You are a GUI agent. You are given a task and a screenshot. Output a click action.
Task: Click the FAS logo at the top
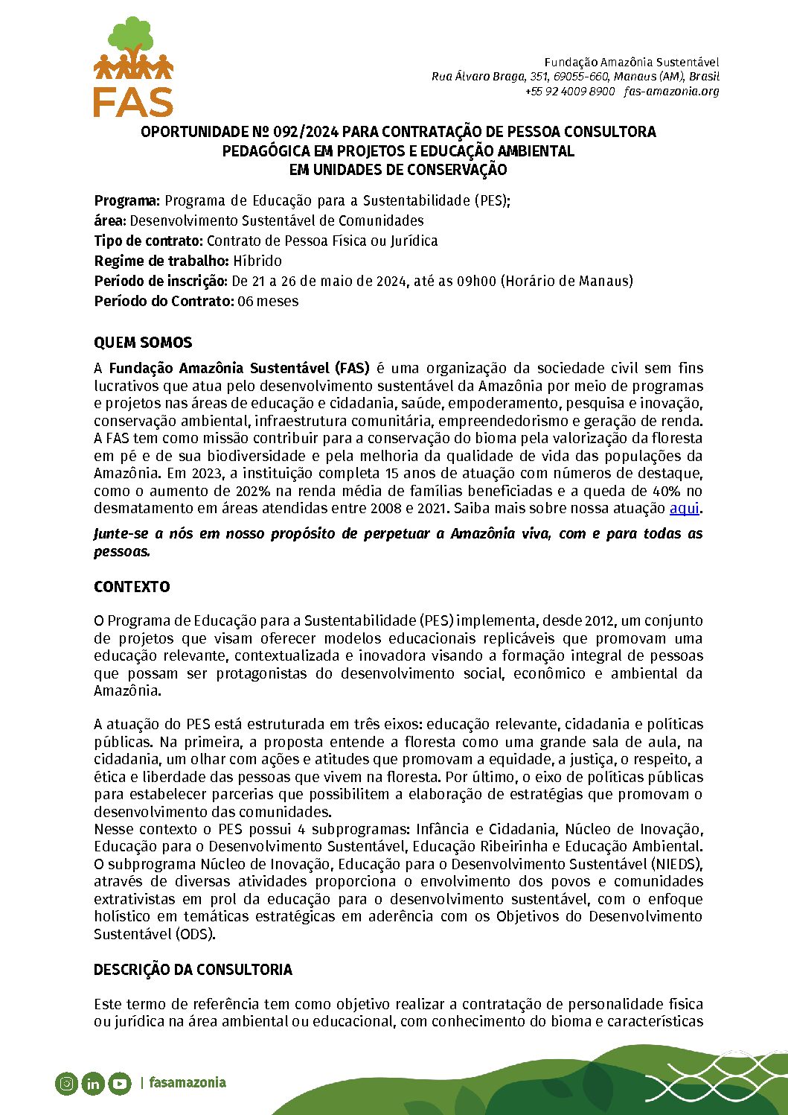133,67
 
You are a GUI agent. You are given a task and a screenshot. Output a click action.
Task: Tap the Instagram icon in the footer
66,1083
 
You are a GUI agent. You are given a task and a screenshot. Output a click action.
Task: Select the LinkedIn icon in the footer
92,1083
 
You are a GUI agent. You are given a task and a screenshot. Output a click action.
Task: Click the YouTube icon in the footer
119,1083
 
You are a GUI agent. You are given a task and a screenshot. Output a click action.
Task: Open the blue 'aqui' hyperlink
685,509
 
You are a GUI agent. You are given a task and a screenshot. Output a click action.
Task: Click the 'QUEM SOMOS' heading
143,343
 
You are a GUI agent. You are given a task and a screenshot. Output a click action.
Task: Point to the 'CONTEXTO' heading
132,587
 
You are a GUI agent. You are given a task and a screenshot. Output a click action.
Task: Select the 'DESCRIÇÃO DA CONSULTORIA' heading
193,970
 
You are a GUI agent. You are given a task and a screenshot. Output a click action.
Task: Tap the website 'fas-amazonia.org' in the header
672,91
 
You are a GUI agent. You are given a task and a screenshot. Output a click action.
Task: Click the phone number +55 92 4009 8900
570,91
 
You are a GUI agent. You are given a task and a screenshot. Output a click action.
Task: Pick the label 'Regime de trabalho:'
161,261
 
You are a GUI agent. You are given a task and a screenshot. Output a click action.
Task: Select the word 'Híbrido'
257,261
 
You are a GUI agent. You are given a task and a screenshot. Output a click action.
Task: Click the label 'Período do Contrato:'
164,301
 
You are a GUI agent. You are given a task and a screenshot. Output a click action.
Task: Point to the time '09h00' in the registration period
476,281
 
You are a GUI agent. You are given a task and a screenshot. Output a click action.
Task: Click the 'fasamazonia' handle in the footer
187,1082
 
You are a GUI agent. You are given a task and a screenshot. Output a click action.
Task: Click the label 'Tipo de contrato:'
149,241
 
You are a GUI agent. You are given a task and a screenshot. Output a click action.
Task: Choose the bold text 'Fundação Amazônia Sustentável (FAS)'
239,368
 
